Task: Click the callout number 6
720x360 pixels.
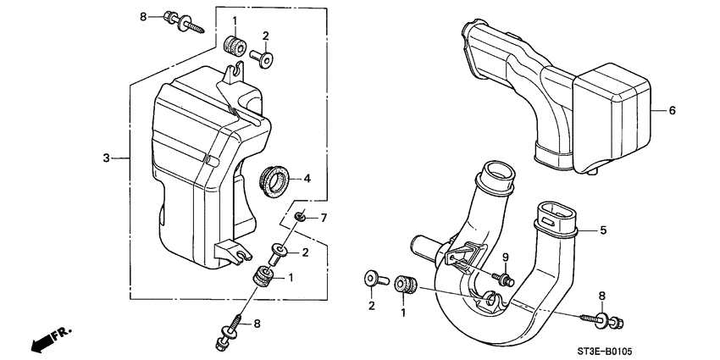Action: pos(673,110)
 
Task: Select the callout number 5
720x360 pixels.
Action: pos(603,230)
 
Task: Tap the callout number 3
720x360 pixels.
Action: pos(106,158)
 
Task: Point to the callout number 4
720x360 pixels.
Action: pos(307,179)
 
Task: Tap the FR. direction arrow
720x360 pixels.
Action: pos(51,338)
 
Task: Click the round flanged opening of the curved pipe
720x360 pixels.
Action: pos(497,180)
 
